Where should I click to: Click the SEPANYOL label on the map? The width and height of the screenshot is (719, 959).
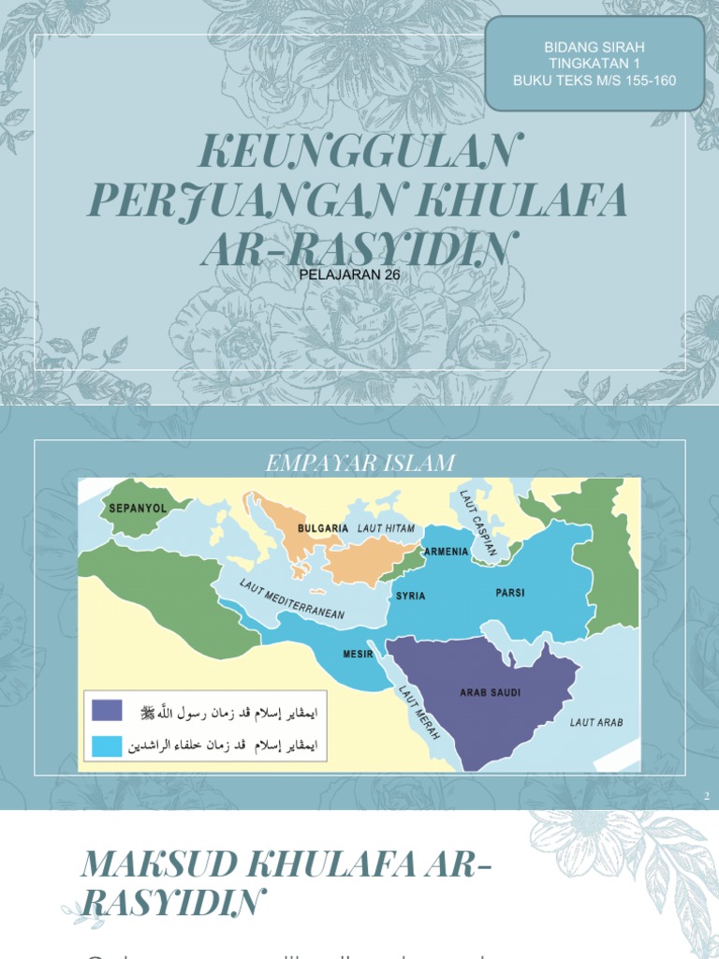(138, 509)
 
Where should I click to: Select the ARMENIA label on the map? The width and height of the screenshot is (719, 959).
(446, 552)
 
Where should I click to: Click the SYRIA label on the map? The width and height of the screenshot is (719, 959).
(411, 596)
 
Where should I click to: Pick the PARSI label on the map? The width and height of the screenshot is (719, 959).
(511, 593)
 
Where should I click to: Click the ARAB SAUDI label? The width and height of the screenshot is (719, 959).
(490, 693)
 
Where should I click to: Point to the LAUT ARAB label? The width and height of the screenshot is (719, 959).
(596, 722)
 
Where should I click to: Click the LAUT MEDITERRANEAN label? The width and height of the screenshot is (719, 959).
(291, 599)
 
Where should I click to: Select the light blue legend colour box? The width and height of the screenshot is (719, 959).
(107, 745)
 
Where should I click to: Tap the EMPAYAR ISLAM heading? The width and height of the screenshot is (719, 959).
(360, 463)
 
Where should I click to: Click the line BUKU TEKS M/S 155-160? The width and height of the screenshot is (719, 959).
(594, 81)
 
